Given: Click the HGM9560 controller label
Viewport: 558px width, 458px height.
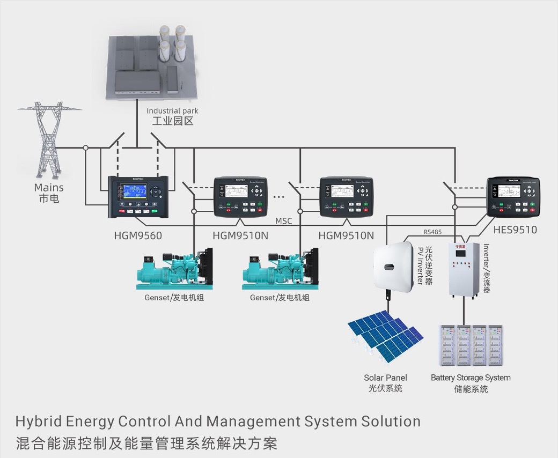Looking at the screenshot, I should click(138, 235).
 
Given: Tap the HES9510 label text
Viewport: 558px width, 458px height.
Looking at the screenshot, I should click(515, 230).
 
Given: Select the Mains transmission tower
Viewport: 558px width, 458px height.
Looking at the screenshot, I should click(49, 141).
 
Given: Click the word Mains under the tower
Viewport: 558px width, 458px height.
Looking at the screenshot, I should click(49, 188).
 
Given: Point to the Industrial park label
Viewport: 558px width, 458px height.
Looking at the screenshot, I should click(172, 111).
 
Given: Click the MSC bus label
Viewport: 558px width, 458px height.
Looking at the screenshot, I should click(284, 221).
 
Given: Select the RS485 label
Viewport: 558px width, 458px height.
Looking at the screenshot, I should click(432, 232).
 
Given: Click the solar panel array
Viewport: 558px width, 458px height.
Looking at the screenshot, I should click(385, 336).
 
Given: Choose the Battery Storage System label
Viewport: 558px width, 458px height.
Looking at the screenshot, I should click(471, 378).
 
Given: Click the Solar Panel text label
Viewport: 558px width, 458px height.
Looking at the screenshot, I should click(385, 378).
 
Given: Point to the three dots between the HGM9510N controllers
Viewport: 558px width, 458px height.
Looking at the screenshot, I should click(279, 197).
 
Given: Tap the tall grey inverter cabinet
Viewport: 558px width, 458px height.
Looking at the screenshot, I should click(464, 270).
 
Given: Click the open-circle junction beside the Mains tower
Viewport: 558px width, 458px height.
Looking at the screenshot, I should click(85, 147).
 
